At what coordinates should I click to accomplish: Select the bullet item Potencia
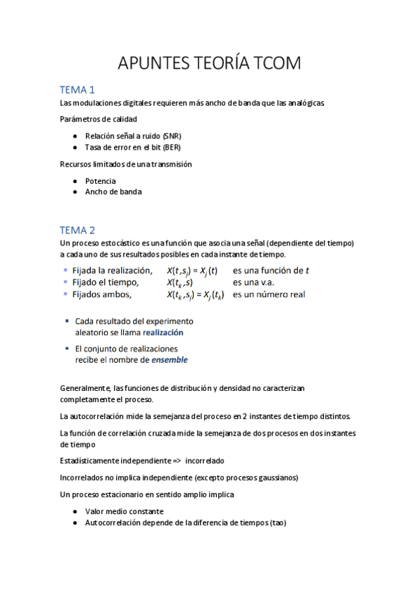[101, 180]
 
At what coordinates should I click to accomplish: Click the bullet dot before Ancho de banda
[76, 192]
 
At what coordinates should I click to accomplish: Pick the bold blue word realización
[163, 334]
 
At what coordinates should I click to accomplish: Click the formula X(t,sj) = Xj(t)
[192, 271]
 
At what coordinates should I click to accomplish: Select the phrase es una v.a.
[254, 283]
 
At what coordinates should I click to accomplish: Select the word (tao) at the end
[276, 522]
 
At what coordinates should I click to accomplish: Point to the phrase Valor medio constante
[125, 511]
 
